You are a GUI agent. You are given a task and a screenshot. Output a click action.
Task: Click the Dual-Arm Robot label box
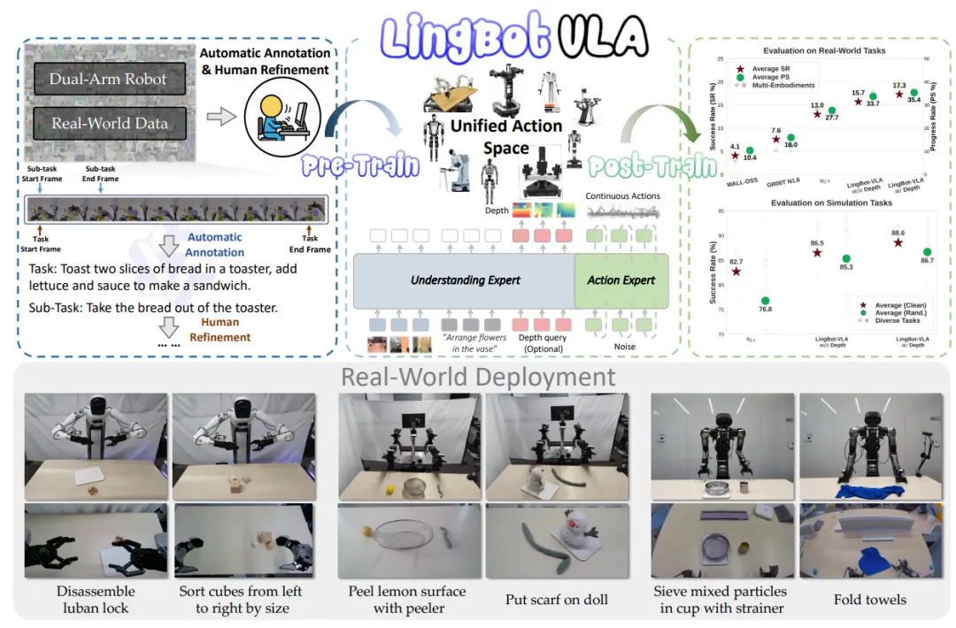point(108,79)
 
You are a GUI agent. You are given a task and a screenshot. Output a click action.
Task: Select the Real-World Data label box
point(108,123)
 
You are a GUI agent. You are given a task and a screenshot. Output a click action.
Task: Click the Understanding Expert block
point(464,280)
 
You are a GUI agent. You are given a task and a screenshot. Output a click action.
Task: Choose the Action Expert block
point(621,280)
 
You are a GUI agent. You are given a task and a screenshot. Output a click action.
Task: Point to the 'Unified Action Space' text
point(505,137)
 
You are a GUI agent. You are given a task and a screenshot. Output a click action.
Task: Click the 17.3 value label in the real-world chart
point(898,83)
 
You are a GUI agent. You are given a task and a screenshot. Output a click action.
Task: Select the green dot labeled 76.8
point(766,302)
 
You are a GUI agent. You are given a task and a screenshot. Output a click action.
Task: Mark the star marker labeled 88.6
point(898,242)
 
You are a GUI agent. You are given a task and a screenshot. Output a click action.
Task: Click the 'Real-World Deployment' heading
point(479,378)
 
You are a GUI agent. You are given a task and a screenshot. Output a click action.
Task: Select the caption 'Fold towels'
point(869,600)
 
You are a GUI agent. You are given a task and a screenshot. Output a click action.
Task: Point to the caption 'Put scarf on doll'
point(556,600)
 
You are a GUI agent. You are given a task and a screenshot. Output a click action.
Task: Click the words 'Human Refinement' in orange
point(225,330)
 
